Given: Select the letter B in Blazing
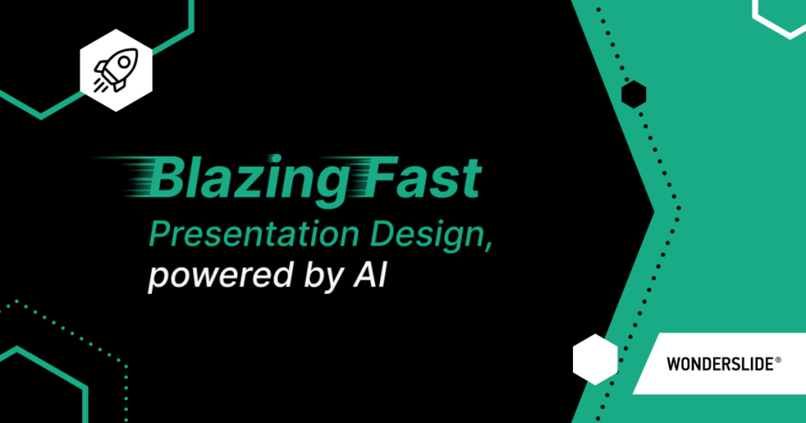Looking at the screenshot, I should (x=168, y=179).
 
